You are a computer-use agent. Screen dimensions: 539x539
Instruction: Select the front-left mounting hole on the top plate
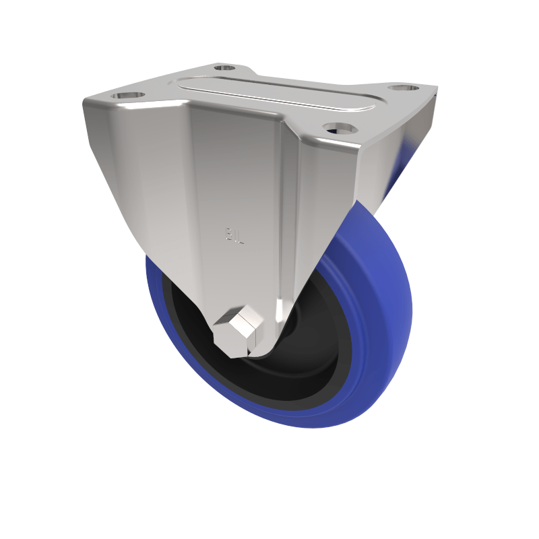(129, 96)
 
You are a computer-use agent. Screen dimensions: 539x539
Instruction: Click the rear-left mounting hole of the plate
(225, 67)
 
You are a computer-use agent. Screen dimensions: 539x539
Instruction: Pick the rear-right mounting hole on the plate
(403, 88)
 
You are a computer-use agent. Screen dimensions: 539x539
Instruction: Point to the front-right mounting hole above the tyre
(338, 127)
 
